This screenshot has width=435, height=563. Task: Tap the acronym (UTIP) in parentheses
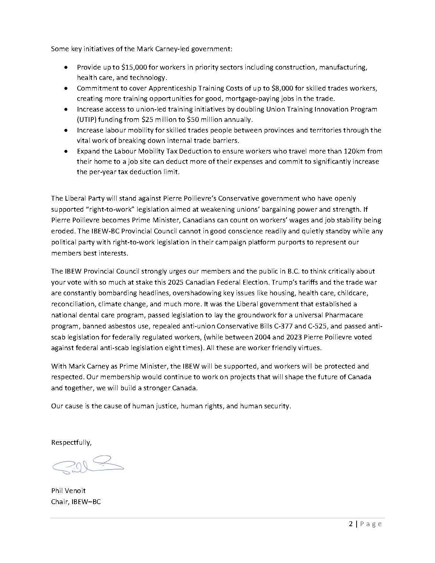[86, 120]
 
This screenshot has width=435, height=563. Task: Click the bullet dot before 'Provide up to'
[66, 68]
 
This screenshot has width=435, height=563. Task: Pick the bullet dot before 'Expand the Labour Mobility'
[66, 151]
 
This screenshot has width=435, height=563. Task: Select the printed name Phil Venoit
[68, 491]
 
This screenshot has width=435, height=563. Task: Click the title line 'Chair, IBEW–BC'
[76, 502]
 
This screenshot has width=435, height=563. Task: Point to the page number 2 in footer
[351, 524]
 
